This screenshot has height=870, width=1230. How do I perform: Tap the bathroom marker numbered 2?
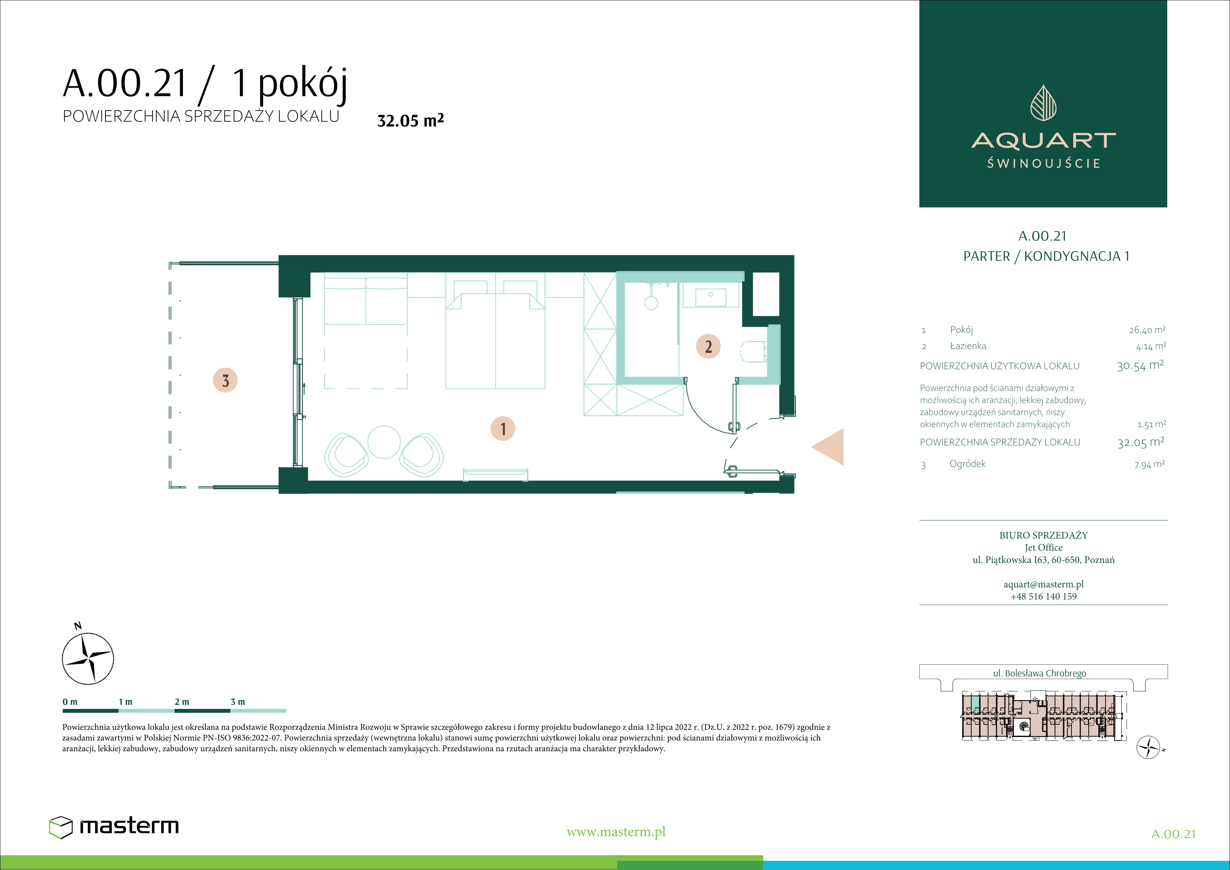click(x=708, y=346)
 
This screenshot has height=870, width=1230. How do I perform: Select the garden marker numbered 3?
click(x=225, y=380)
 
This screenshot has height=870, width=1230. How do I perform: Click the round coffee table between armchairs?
click(x=384, y=442)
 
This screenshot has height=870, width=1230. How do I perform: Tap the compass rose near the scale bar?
click(x=88, y=658)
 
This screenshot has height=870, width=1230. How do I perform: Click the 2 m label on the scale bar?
click(x=182, y=702)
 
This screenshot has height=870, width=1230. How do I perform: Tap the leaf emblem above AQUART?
click(x=1043, y=102)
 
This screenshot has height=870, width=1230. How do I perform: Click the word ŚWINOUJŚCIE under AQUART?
click(x=1043, y=163)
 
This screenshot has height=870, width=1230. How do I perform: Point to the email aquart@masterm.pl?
click(x=1043, y=584)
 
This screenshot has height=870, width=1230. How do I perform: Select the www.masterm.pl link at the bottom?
click(x=616, y=832)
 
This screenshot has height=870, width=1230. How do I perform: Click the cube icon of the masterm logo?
click(x=61, y=826)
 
